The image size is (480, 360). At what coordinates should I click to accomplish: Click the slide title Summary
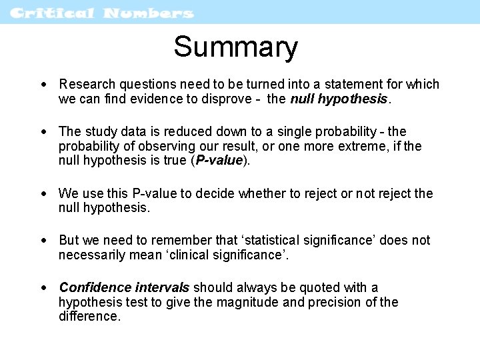(x=235, y=47)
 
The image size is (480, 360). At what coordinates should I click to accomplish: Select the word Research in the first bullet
(x=87, y=85)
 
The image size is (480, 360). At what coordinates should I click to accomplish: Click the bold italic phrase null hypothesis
(x=339, y=99)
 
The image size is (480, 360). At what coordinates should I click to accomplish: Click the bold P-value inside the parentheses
(x=219, y=161)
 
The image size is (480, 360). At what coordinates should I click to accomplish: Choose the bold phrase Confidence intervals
(x=125, y=287)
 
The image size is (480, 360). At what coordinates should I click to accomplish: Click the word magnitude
(x=257, y=302)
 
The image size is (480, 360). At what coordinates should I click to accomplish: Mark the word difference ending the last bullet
(x=89, y=317)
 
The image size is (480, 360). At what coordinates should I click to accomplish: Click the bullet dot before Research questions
(x=43, y=85)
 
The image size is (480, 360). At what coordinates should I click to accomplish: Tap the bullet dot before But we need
(x=43, y=241)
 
